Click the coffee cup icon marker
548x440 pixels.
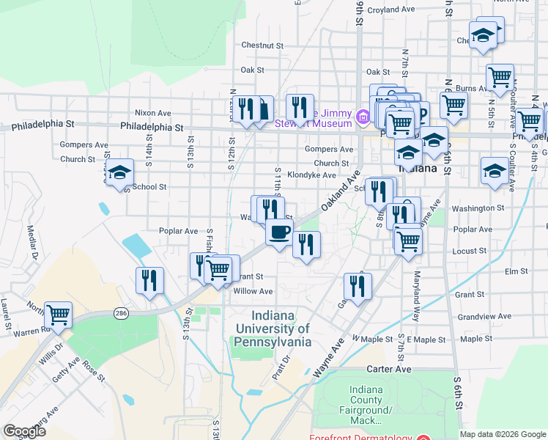click(x=278, y=233)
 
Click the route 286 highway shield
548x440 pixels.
click(x=121, y=313)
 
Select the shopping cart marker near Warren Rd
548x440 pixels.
click(x=59, y=315)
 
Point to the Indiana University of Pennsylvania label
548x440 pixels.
click(x=273, y=329)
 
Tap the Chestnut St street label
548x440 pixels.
click(x=262, y=45)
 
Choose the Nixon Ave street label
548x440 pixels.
click(x=152, y=113)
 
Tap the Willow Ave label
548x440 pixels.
click(x=253, y=291)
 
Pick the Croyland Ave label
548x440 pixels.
click(x=391, y=10)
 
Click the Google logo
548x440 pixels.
click(x=24, y=431)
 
